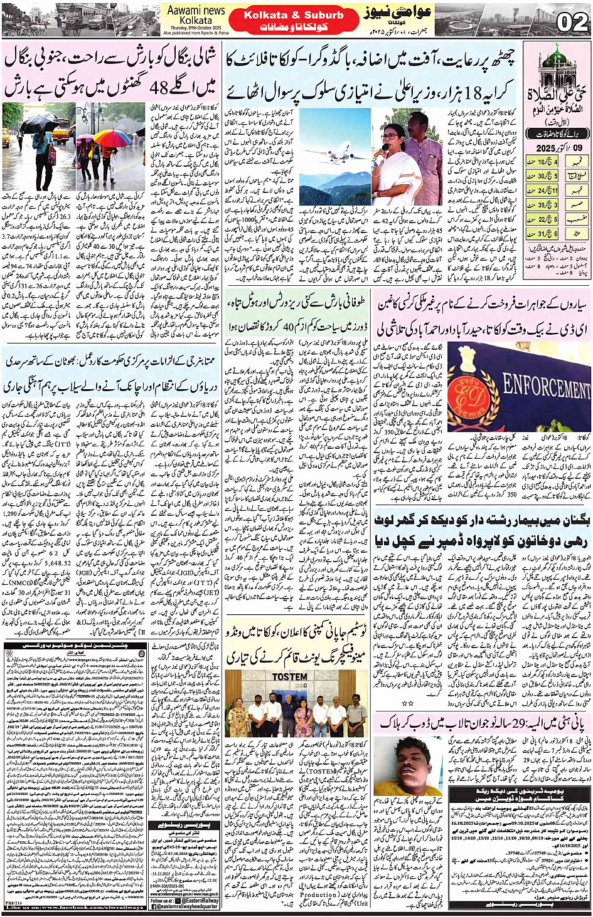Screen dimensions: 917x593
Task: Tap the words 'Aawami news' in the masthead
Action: pyautogui.click(x=196, y=10)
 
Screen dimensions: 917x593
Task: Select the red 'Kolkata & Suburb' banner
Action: pyautogui.click(x=293, y=15)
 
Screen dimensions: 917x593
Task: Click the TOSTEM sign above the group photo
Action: pyautogui.click(x=290, y=677)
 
